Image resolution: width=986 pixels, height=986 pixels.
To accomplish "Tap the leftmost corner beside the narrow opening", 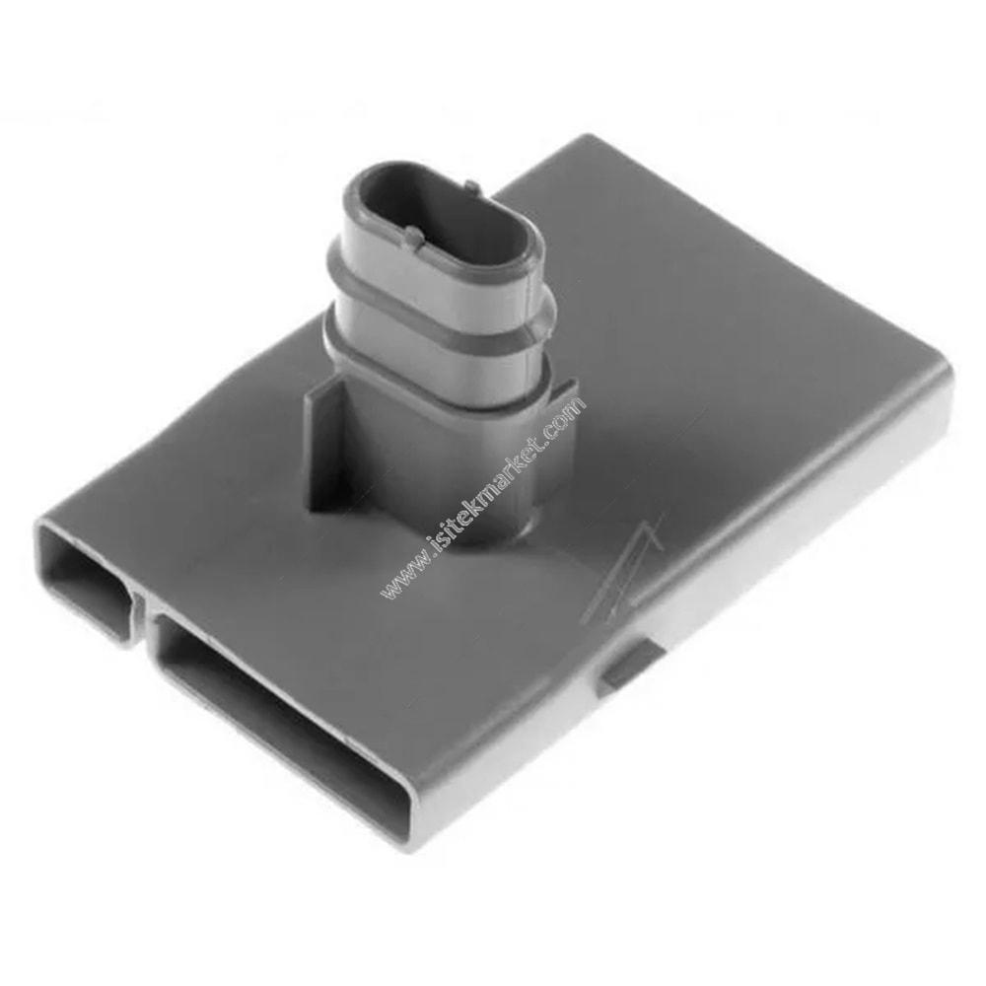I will pos(39,528).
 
